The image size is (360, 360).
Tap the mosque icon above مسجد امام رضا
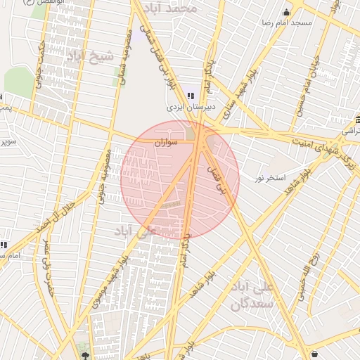point(286,12)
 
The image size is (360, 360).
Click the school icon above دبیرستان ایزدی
point(191,96)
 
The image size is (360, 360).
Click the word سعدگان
point(251,304)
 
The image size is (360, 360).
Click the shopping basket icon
point(314,354)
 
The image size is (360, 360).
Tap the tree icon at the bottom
point(85,356)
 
